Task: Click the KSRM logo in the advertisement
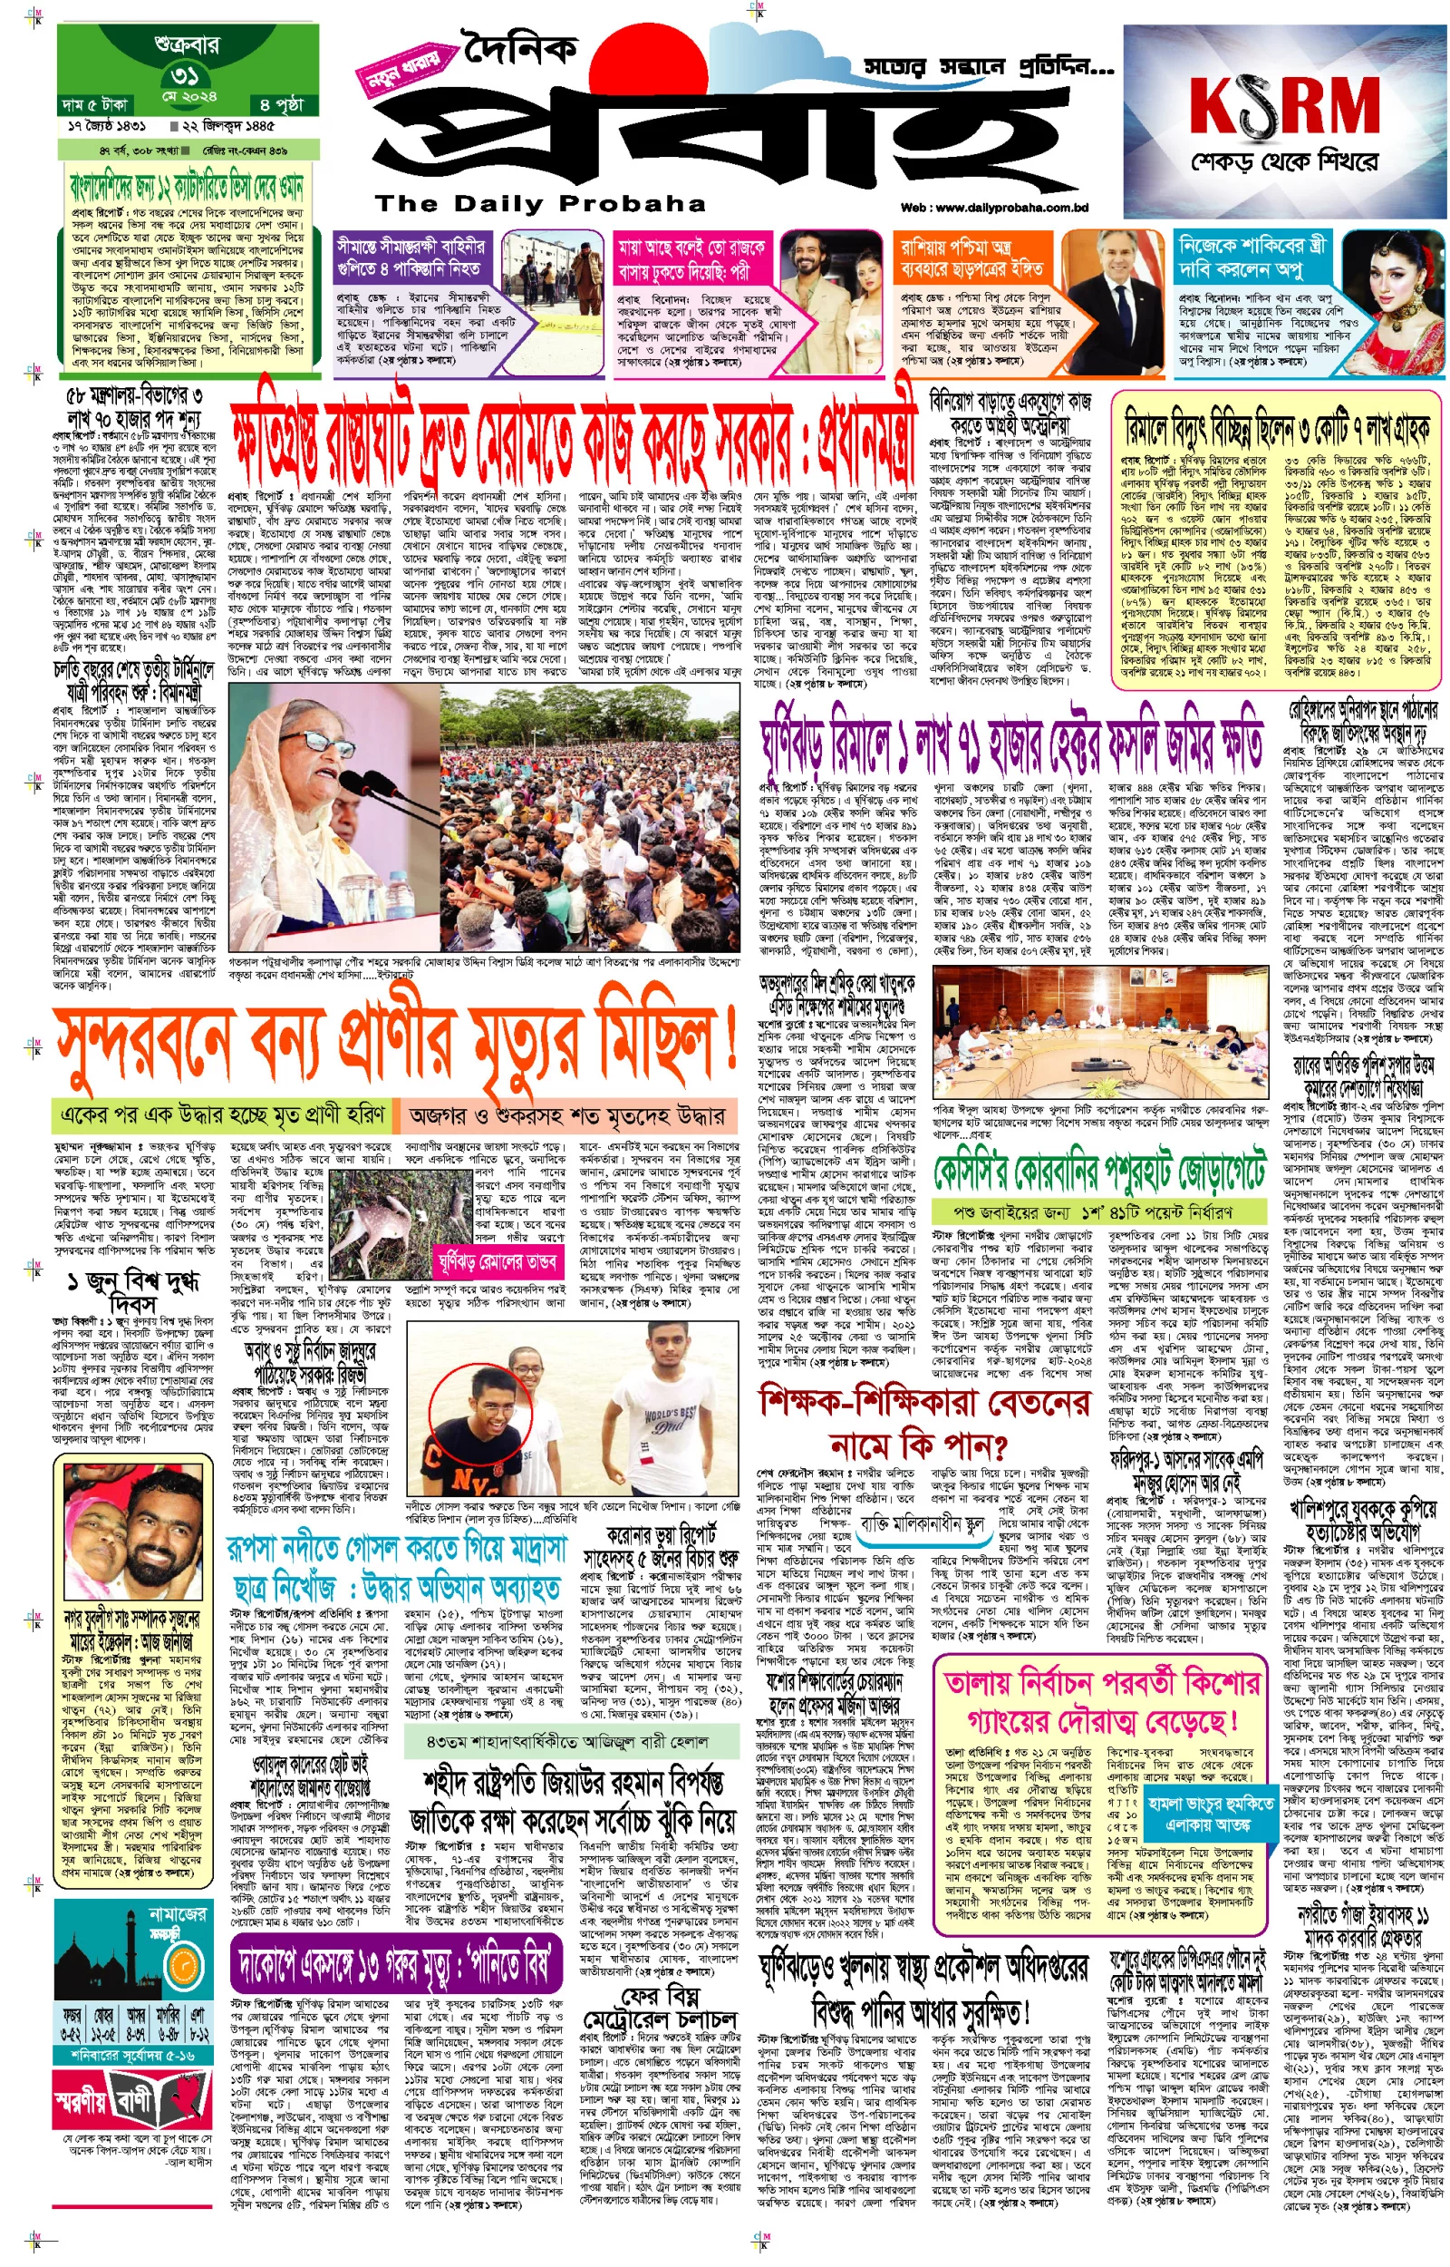coord(1284,104)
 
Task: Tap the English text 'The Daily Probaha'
coord(539,203)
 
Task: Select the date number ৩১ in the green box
coord(186,74)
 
